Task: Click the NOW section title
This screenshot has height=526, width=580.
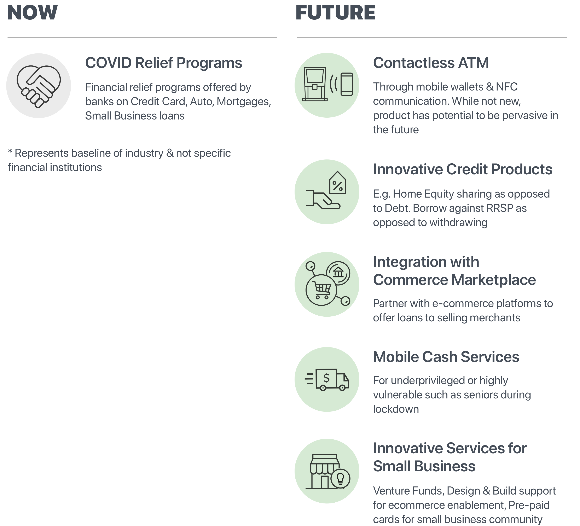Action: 32,13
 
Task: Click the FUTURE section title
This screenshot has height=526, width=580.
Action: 335,13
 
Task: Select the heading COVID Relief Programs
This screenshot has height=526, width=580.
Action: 163,63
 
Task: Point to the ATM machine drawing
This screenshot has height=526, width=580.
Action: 315,84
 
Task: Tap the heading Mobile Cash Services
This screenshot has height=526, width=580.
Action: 446,357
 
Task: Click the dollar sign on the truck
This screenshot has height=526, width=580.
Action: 326,378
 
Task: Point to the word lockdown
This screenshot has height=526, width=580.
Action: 396,409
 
